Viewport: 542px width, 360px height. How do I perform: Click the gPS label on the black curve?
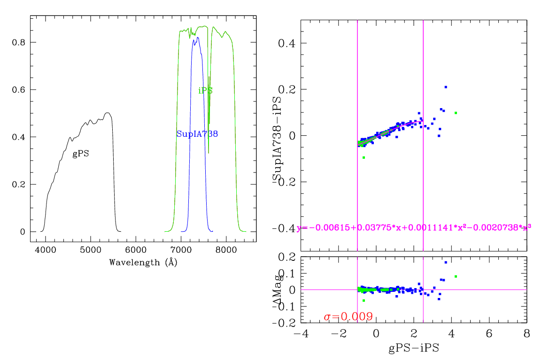tap(80, 154)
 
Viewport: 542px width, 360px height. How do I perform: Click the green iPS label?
tap(206, 91)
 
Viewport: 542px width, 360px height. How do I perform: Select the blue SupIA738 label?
tap(197, 134)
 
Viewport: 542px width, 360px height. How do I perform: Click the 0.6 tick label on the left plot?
tap(18, 90)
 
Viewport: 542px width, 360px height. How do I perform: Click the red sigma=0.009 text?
tap(348, 317)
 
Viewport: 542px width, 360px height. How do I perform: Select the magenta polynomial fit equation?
tap(414, 228)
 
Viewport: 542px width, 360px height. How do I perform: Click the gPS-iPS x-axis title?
tap(413, 349)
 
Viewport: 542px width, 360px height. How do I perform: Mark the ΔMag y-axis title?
tap(278, 290)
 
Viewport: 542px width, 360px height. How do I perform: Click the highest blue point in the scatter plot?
tap(446, 87)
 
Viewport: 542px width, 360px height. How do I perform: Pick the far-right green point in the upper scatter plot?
tap(456, 113)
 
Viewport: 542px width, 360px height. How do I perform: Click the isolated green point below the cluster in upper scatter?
tap(364, 157)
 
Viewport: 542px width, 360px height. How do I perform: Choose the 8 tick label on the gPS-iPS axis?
tap(527, 333)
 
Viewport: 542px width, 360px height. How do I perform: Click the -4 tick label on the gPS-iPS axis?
tap(301, 333)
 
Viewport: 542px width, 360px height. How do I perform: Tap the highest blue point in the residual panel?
tap(446, 262)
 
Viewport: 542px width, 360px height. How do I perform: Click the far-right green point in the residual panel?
tap(456, 276)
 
